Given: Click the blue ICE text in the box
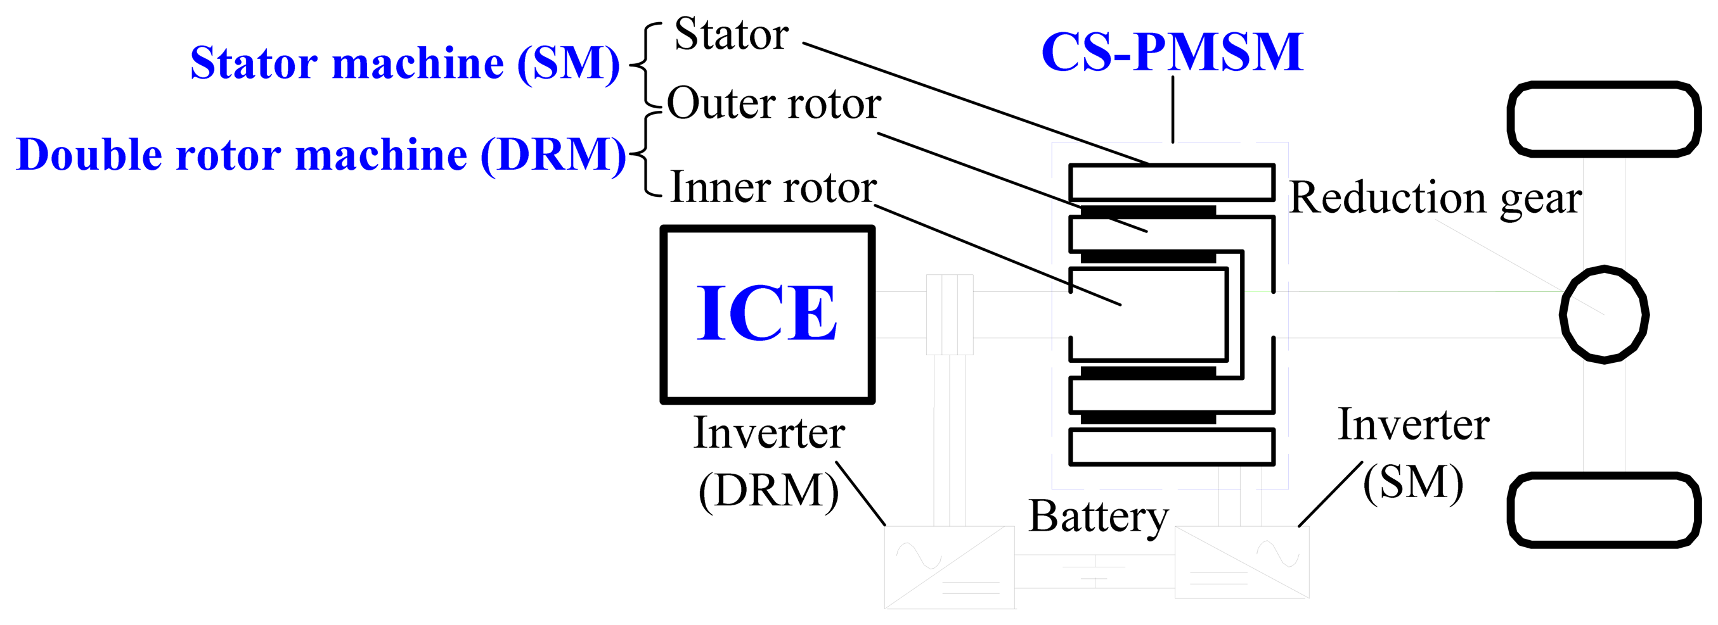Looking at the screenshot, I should (x=767, y=313).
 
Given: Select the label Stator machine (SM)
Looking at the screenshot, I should (x=405, y=63).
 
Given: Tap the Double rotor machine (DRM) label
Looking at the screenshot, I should (x=321, y=155).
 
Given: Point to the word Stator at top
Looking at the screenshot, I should (x=731, y=34).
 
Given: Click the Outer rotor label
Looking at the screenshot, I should (x=773, y=104).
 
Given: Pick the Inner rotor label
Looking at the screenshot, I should (x=773, y=187).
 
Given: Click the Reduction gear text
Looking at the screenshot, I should (x=1435, y=198).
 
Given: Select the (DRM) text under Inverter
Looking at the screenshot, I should (x=768, y=491).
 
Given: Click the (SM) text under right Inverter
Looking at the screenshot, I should (x=1412, y=483).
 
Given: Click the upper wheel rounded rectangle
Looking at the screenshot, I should (x=1603, y=119).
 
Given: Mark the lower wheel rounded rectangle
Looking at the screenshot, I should (x=1603, y=510).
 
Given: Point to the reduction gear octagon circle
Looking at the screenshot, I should (x=1604, y=315).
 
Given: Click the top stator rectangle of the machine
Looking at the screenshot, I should (x=1172, y=182).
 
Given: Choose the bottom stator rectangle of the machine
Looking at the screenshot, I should (x=1172, y=447).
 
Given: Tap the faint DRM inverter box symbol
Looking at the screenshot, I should (x=950, y=567).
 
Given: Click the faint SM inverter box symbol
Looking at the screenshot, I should (x=1241, y=562).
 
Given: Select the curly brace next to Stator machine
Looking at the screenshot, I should (x=644, y=65).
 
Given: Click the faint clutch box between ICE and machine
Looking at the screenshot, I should (x=950, y=315).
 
